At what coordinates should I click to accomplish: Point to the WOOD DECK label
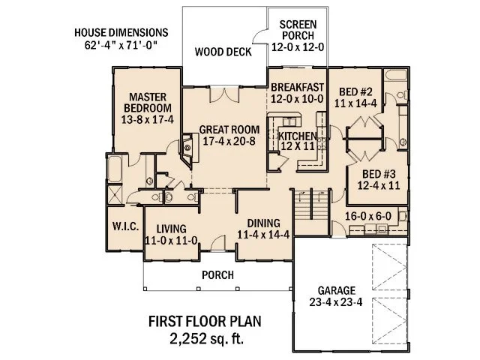[x=223, y=52]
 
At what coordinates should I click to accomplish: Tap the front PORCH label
[x=218, y=274]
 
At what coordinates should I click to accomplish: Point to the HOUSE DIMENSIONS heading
[x=121, y=33]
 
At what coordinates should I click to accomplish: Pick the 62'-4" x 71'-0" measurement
[x=121, y=46]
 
